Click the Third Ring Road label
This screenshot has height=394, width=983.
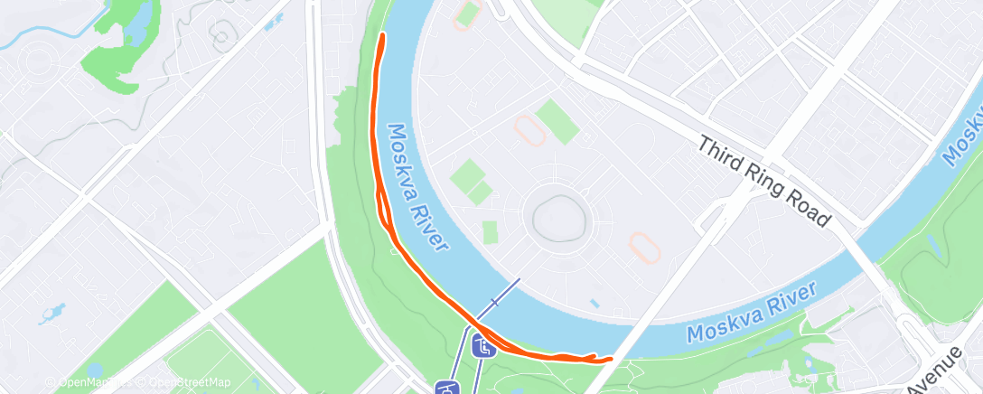(x=764, y=181)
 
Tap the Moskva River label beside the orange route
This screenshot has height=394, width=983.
(x=418, y=188)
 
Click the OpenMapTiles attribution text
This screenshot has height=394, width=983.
(x=82, y=382)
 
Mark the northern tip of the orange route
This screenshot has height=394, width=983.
(x=382, y=35)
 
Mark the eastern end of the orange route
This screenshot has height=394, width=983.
(x=610, y=359)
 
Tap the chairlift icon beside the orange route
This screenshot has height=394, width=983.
(x=484, y=345)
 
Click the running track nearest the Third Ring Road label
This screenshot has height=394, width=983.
(x=643, y=244)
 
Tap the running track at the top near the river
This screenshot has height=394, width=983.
(x=467, y=15)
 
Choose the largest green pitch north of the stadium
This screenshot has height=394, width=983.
(x=557, y=122)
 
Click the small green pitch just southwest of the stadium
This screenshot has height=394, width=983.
(x=490, y=232)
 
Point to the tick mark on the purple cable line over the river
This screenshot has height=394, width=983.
(x=494, y=302)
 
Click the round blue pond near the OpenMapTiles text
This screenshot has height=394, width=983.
(x=95, y=371)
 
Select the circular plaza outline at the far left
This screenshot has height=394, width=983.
(x=38, y=62)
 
